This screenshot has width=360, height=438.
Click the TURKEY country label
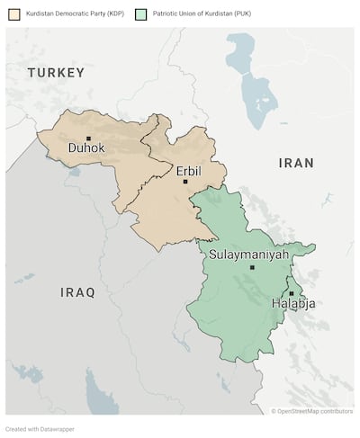[56, 72]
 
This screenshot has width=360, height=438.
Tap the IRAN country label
[296, 163]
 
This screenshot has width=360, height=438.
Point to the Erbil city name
[188, 170]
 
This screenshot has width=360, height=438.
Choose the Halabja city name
[292, 304]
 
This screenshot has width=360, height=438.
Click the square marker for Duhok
[88, 138]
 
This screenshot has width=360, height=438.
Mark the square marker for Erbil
[185, 182]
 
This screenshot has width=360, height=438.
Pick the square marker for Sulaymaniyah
[252, 267]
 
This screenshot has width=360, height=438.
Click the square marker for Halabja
[291, 293]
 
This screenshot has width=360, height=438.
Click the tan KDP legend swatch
[13, 14]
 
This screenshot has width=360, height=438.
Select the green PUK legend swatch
[140, 14]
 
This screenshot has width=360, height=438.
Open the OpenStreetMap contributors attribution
[312, 411]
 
